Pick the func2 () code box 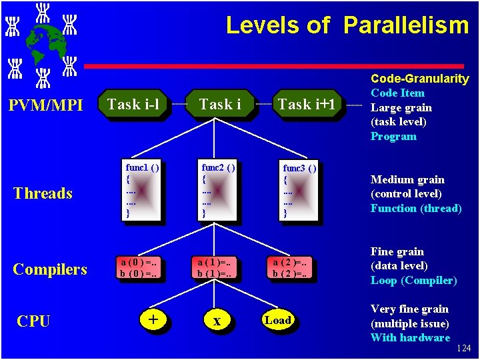(x=218, y=189)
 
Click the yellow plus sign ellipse (x=153, y=320)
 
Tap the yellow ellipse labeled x (x=217, y=321)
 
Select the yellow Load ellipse (x=277, y=320)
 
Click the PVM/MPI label (x=44, y=105)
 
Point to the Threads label (x=43, y=193)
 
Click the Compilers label (x=50, y=269)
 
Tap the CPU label (x=33, y=321)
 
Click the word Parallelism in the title (x=406, y=25)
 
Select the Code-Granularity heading (x=420, y=79)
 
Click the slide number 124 (x=465, y=349)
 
